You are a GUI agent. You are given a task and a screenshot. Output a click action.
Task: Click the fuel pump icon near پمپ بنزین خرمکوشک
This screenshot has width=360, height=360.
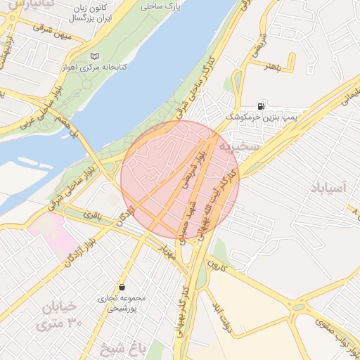click(262, 103)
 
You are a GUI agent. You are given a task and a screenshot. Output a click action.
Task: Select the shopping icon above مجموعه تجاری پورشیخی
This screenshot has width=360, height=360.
click(123, 288)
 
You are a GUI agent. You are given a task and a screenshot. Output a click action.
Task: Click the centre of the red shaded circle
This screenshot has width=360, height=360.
click(180, 179)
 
